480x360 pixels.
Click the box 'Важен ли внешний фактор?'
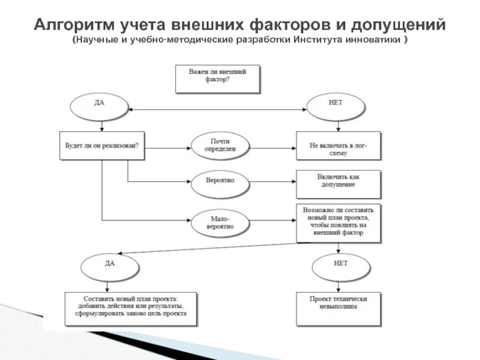click(217, 79)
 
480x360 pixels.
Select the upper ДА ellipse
click(99, 106)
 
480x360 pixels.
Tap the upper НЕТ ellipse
click(335, 106)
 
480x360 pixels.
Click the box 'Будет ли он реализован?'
click(102, 145)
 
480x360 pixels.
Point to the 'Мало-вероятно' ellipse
click(220, 223)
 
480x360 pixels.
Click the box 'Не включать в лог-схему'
click(338, 145)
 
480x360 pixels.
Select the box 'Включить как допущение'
click(338, 184)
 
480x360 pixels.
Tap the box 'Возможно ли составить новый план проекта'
click(338, 223)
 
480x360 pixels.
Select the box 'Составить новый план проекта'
click(130, 308)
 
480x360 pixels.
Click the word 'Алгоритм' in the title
click(71, 25)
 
